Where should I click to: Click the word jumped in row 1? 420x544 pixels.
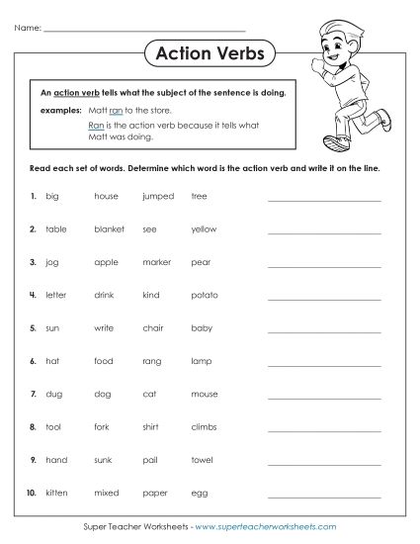coord(158,196)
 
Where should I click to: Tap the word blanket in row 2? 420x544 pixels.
coord(109,228)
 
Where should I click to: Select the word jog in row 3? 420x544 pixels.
coord(52,263)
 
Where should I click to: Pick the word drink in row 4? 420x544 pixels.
coord(106,295)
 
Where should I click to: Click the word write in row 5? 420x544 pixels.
coord(105,327)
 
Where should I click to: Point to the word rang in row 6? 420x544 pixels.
coord(152,361)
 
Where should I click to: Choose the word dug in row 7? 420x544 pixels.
coord(54,394)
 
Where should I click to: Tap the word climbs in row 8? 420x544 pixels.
coord(204,426)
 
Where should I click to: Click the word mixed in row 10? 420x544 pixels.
coord(107,493)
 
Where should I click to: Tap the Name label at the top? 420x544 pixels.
coord(28,29)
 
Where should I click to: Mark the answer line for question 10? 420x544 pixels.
coord(323,496)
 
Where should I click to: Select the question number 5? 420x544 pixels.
coord(34,327)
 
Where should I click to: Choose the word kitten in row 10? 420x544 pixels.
coord(57,493)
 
